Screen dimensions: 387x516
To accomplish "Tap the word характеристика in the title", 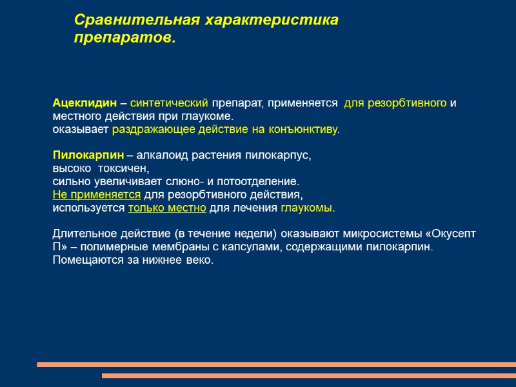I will point(272,20).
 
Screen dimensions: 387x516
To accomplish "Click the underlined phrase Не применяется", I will point(96,195).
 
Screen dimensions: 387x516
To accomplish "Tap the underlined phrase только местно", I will point(168,208).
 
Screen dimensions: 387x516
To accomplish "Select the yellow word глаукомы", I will point(308,208).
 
